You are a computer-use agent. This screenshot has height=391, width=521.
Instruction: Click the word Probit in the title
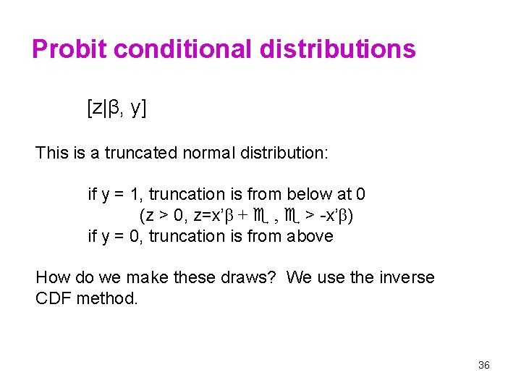tap(69, 49)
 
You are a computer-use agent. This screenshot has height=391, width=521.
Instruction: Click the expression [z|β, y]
tap(117, 109)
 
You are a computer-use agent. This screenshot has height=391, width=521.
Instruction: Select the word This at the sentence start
tap(51, 153)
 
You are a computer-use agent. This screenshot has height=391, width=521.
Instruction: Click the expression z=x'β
tap(211, 215)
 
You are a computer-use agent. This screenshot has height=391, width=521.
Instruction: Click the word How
tap(52, 277)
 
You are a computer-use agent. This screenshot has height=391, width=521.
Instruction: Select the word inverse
tap(407, 277)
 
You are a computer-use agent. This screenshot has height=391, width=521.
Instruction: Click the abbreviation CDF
tap(53, 298)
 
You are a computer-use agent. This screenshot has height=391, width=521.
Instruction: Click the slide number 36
tap(484, 365)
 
